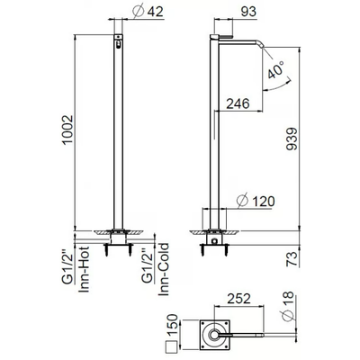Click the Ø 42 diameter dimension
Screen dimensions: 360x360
[x=148, y=12]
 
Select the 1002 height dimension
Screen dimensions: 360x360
[x=67, y=130]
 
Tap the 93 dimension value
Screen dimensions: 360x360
[x=248, y=12]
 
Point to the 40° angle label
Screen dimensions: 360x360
[x=276, y=69]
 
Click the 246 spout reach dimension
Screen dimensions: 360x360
[x=238, y=103]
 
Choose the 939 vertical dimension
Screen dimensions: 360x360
[x=292, y=139]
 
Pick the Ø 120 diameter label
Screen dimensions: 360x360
[x=256, y=201]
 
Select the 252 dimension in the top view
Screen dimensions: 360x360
[x=238, y=299]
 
